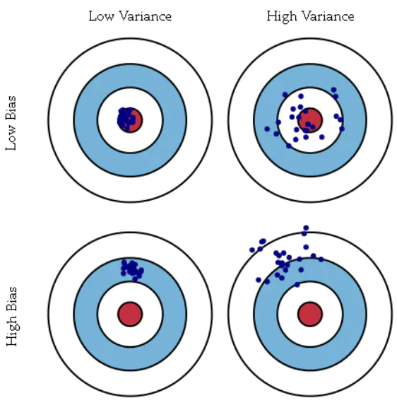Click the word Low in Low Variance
coord(101,16)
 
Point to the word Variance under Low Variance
coord(146,16)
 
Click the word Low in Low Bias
coord(11,138)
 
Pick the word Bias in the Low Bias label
coord(11,108)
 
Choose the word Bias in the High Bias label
coord(11,299)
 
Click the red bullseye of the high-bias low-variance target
coord(130,314)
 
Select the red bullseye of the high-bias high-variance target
coord(310,314)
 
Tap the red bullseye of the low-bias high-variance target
coord(310,120)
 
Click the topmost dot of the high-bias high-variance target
coord(306,228)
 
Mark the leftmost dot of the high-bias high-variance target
coord(252,250)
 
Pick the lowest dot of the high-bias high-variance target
coord(297,285)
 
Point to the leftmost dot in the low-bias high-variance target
coord(267,129)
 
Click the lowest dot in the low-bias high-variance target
coord(289,146)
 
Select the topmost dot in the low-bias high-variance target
coord(333,90)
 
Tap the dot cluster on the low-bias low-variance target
coord(126,119)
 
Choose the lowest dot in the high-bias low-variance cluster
coord(135,278)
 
